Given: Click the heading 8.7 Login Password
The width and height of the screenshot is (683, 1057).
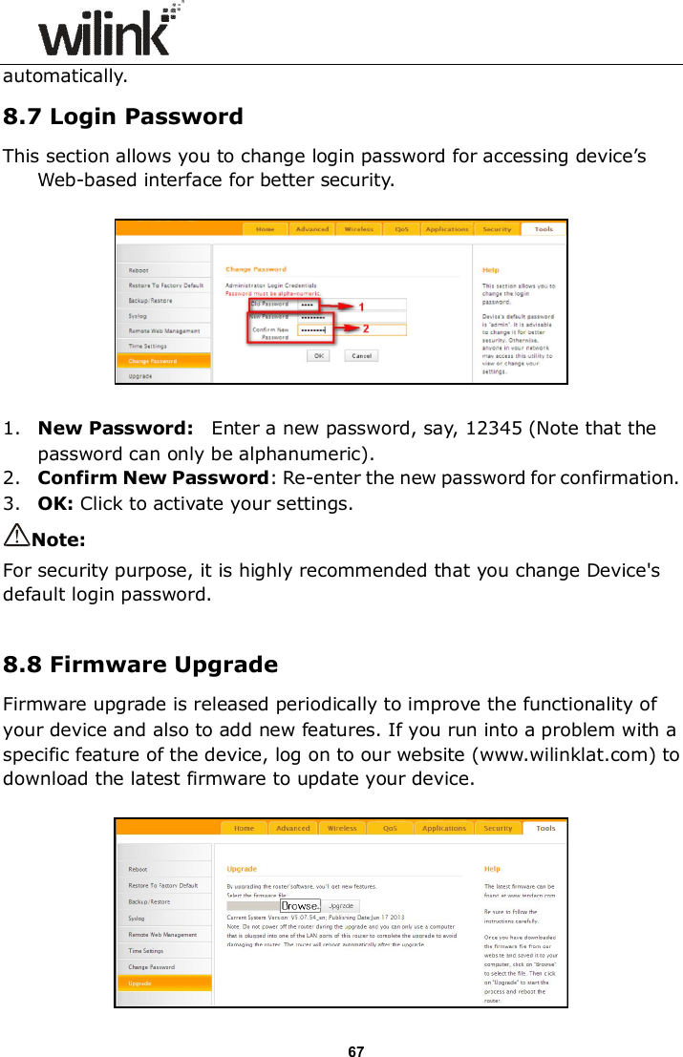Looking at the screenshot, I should click(x=123, y=117).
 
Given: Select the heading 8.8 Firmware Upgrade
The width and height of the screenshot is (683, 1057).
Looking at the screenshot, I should click(x=140, y=665).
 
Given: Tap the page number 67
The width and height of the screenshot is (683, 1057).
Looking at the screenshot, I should click(x=355, y=1051).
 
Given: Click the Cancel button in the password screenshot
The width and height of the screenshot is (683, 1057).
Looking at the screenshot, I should click(x=361, y=356).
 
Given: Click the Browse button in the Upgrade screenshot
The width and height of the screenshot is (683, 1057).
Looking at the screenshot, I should click(x=300, y=905).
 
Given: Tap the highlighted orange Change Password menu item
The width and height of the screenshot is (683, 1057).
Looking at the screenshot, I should click(x=162, y=361).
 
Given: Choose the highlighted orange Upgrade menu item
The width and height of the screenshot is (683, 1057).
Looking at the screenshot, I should click(x=162, y=983).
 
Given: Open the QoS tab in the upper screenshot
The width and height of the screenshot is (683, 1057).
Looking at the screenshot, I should click(x=396, y=229).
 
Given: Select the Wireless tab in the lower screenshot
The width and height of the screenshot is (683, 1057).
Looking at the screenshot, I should click(x=342, y=828).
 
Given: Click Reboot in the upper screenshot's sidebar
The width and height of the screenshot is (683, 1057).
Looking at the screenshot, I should click(x=139, y=270).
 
